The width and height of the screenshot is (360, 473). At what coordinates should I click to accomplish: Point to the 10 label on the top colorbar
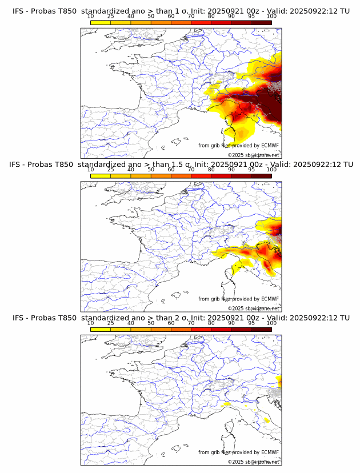tap(91, 17)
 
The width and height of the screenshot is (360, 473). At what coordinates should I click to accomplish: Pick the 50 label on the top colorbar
tap(151, 17)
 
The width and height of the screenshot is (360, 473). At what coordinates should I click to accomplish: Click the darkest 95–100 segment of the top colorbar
tap(261, 23)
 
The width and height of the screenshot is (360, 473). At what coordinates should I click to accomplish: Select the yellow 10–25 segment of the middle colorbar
tap(101, 176)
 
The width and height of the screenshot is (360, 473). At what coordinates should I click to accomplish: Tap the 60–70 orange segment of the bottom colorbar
tap(181, 329)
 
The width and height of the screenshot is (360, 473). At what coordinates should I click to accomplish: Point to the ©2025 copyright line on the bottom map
tap(254, 462)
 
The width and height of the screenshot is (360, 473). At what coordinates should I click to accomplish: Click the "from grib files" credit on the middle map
tap(214, 299)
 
